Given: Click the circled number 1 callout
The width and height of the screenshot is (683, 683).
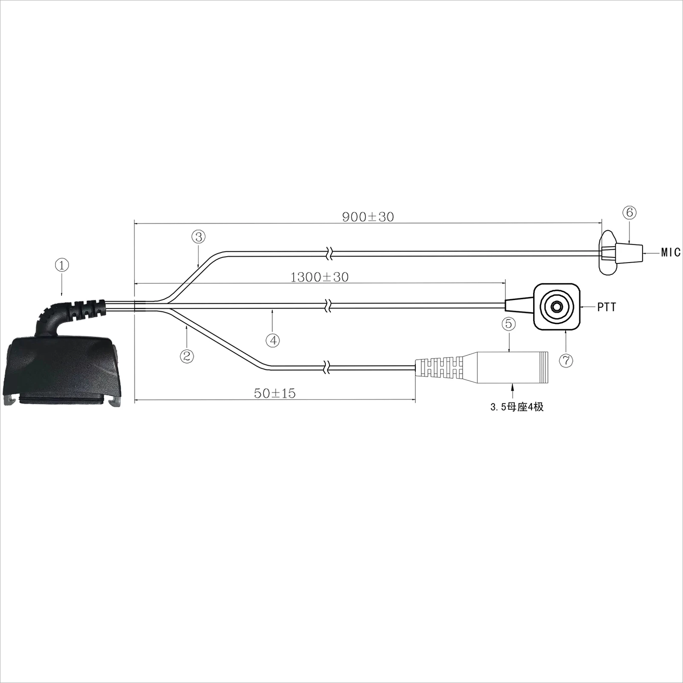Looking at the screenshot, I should (x=62, y=265).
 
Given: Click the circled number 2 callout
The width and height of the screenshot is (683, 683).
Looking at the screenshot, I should (x=187, y=356).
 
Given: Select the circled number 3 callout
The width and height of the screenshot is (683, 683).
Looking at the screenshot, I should (x=198, y=236).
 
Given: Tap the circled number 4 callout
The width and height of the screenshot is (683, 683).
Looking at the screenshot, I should (x=273, y=340).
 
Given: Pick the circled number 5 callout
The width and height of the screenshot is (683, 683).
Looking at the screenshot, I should (x=508, y=324).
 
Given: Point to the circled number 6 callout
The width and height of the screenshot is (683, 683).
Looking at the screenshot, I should (x=630, y=213).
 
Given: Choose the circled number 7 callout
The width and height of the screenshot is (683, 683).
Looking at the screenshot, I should (x=566, y=361).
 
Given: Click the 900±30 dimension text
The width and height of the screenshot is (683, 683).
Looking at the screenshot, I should (x=368, y=217).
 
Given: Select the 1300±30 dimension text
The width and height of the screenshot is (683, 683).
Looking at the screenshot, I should (x=319, y=277).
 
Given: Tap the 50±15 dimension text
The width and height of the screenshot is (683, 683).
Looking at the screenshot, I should (x=274, y=393).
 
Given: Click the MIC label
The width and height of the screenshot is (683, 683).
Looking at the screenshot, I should (x=671, y=253).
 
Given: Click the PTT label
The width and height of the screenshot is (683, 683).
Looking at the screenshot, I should (x=607, y=307).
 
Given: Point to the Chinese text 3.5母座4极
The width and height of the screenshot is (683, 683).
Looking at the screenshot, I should (x=517, y=407).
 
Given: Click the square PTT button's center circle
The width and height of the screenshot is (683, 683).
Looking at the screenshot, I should (x=557, y=306).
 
